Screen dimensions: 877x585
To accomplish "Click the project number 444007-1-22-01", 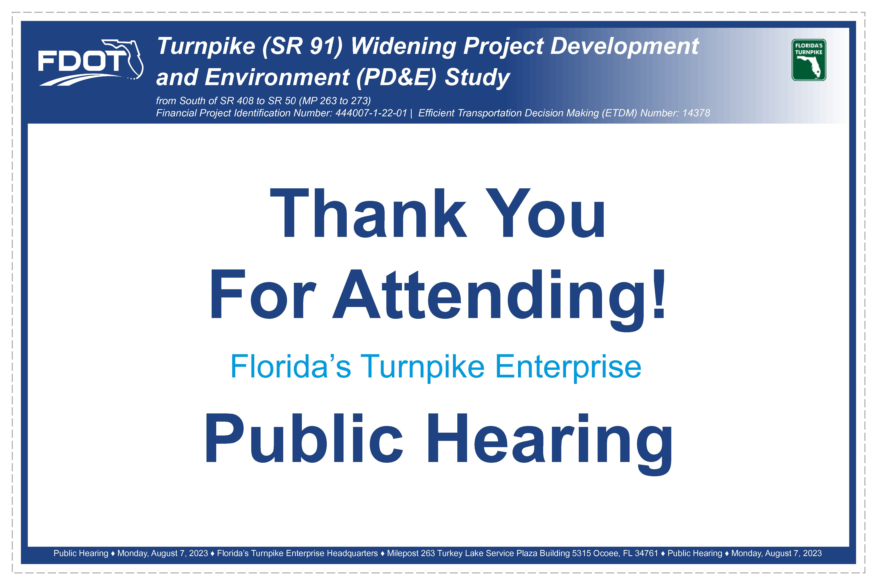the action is pyautogui.click(x=371, y=113).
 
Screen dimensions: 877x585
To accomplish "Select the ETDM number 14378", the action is pyautogui.click(x=696, y=113).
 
